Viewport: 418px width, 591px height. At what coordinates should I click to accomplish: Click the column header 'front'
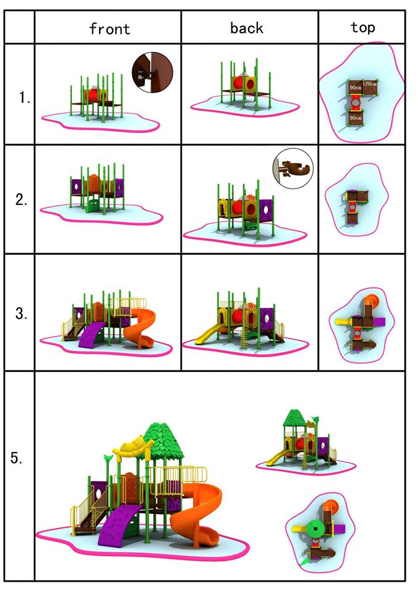tap(110, 29)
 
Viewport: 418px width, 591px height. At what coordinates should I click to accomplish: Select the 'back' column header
tap(246, 28)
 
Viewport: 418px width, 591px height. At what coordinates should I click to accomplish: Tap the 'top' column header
tap(363, 27)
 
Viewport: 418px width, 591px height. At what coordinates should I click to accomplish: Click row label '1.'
tap(25, 98)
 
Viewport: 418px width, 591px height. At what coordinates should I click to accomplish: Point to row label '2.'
tap(22, 199)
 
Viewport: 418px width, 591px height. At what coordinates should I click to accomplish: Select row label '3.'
tap(22, 313)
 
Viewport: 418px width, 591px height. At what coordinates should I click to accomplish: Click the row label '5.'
tap(17, 458)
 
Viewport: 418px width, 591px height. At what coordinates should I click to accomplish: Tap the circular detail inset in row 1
tap(152, 72)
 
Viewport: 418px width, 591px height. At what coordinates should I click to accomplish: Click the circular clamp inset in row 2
tap(293, 168)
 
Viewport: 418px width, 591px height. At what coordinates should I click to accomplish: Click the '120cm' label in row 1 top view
tap(370, 84)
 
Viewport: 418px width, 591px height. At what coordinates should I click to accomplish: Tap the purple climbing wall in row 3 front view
tap(92, 334)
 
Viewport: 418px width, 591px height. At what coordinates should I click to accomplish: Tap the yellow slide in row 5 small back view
tap(277, 457)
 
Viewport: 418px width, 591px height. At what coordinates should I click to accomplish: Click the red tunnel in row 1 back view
tap(238, 83)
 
